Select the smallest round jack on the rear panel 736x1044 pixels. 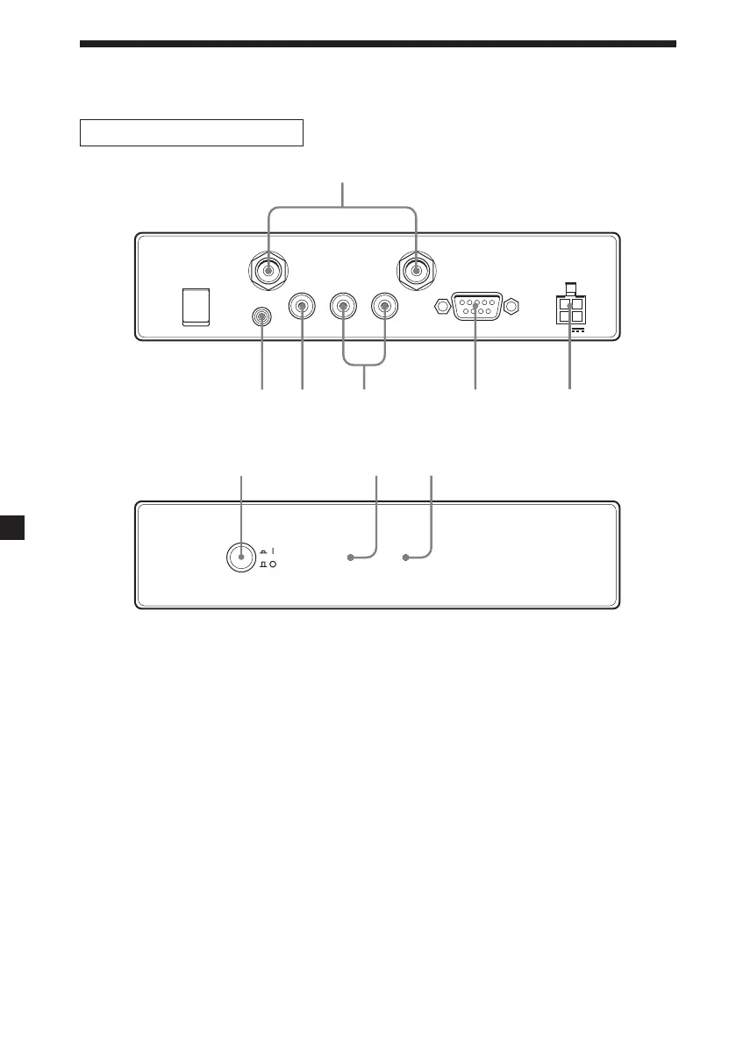point(261,317)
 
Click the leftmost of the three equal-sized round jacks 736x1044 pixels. point(303,307)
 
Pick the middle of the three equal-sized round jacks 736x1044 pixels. point(343,307)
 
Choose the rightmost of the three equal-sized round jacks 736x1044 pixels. point(384,307)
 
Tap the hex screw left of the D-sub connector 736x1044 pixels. point(442,307)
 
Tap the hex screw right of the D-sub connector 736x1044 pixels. point(513,307)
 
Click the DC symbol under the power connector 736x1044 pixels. point(575,331)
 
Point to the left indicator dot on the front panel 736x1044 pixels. point(350,558)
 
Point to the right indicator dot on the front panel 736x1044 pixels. point(406,558)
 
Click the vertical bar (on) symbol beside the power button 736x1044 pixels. point(274,551)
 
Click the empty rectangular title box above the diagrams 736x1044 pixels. point(191,132)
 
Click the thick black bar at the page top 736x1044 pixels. point(378,43)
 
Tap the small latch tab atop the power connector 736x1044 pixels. point(570,288)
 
